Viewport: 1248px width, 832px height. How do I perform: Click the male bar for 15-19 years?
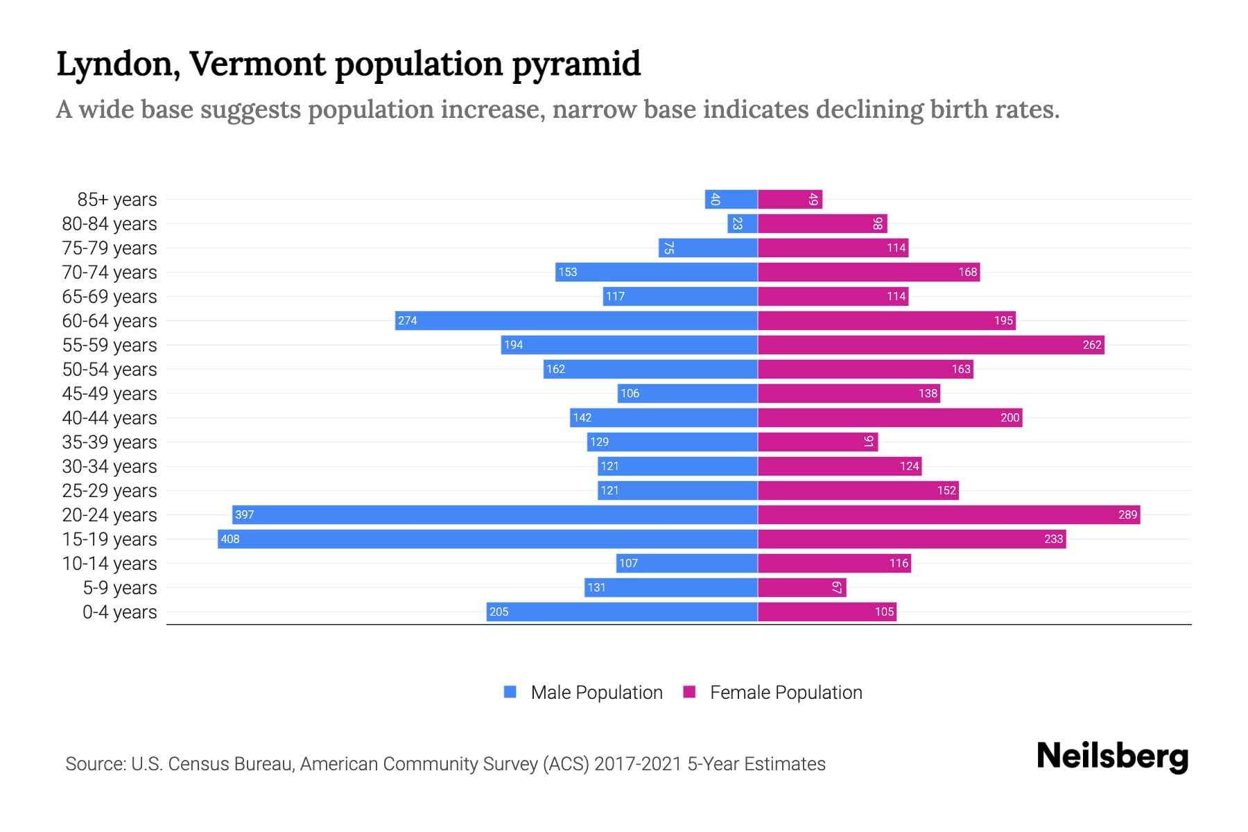[485, 539]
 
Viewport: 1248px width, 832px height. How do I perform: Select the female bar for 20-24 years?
[948, 514]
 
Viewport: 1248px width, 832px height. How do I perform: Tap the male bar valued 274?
[575, 320]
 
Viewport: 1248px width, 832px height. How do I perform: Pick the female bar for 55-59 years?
[930, 345]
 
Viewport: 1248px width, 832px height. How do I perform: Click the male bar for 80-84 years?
[743, 223]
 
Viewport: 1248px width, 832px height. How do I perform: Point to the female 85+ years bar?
[790, 199]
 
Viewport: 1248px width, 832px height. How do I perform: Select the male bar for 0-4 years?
[622, 612]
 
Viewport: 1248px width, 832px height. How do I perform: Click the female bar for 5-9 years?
[801, 587]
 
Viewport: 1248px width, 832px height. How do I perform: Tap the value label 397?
[245, 514]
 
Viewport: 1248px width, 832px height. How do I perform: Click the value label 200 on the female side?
[1009, 417]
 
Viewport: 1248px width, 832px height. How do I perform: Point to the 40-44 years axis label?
[110, 418]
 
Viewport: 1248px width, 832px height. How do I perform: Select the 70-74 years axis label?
[110, 272]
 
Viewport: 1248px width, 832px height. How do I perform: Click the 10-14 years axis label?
[110, 564]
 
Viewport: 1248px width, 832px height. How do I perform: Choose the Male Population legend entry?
[596, 693]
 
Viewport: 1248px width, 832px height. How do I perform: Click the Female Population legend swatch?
[689, 692]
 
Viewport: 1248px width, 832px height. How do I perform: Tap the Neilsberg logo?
[1112, 756]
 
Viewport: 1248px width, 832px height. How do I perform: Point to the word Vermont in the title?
[257, 64]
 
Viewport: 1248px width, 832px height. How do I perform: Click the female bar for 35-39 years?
[817, 442]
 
